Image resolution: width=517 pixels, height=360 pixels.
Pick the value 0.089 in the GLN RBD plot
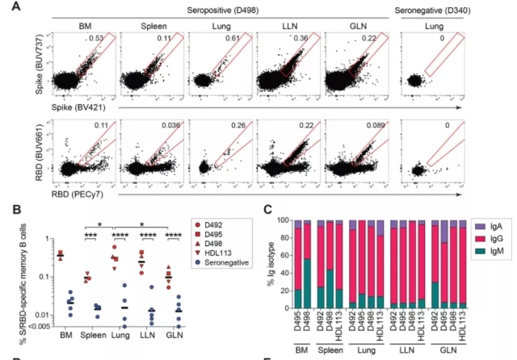click(x=370, y=126)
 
